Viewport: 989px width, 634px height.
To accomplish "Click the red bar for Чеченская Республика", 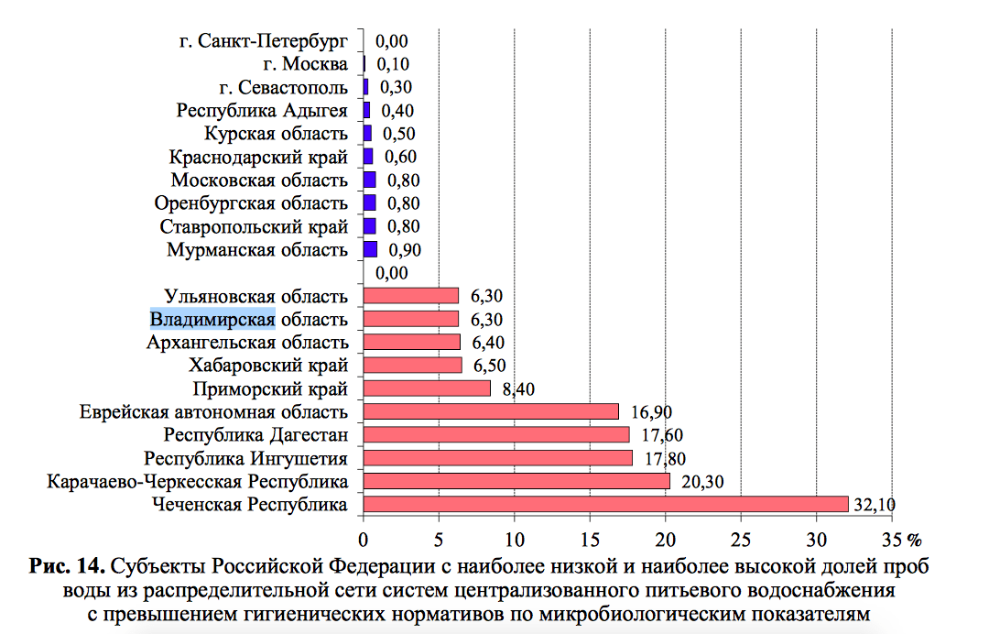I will click(x=605, y=504).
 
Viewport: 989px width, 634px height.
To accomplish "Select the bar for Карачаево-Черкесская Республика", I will click(x=516, y=481).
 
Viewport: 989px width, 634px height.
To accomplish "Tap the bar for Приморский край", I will click(x=427, y=388).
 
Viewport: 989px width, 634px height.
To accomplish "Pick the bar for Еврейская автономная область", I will click(x=491, y=411).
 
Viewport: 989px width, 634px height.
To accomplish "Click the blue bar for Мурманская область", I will click(x=370, y=249).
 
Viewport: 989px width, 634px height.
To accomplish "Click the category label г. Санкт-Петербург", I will click(x=264, y=41).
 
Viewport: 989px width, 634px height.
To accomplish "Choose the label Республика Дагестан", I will click(x=255, y=434).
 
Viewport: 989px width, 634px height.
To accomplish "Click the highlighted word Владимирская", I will click(x=212, y=319).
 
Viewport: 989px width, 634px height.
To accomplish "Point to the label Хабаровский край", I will click(x=268, y=366).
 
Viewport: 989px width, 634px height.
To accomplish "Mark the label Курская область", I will click(x=277, y=134).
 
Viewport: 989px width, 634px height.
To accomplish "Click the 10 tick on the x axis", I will click(x=514, y=537).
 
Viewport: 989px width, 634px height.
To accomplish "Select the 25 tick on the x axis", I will click(x=740, y=537).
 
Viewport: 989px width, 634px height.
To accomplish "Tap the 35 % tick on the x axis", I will click(x=899, y=537).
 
